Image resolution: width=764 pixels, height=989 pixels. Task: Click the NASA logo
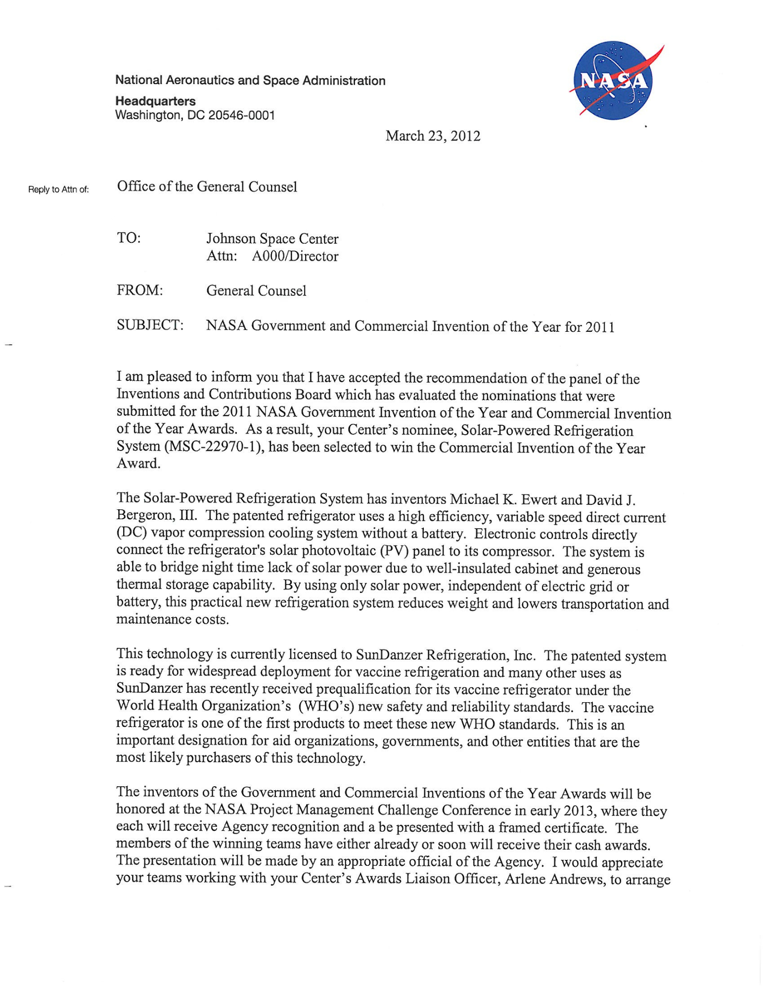pyautogui.click(x=613, y=81)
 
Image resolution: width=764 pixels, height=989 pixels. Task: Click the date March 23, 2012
pyautogui.click(x=433, y=136)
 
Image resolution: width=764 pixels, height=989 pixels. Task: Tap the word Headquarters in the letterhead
pyautogui.click(x=155, y=101)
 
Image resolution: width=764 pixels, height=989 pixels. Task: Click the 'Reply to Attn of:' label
pyautogui.click(x=58, y=189)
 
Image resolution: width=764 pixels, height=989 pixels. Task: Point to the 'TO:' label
pyautogui.click(x=129, y=238)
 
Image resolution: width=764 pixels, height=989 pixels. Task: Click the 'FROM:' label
pyautogui.click(x=140, y=290)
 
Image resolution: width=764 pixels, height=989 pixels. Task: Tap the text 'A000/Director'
pyautogui.click(x=295, y=256)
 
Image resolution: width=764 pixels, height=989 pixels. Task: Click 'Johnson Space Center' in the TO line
pyautogui.click(x=272, y=239)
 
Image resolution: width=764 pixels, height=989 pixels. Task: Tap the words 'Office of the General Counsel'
pyautogui.click(x=207, y=187)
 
